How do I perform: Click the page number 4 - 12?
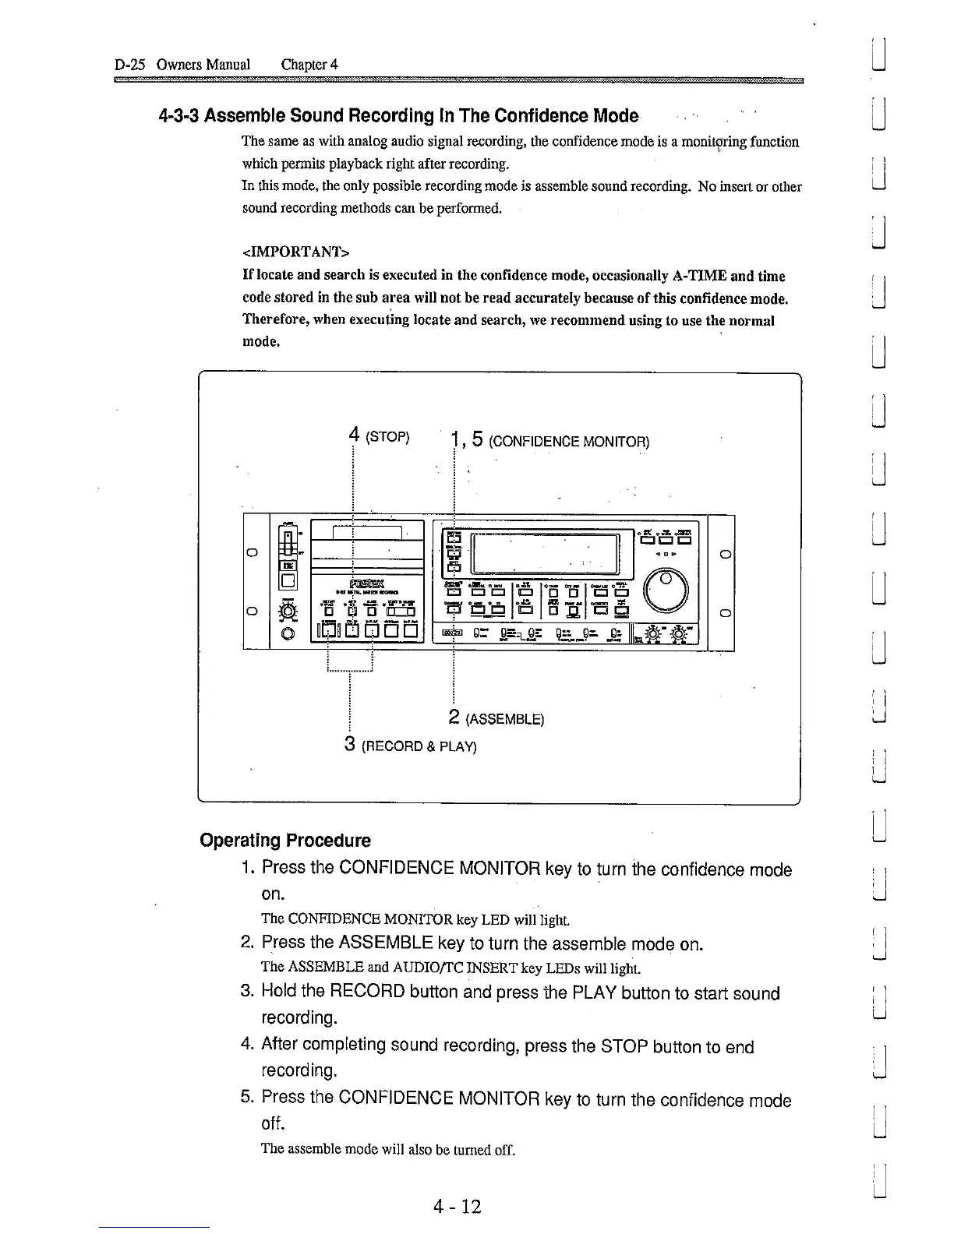tap(458, 1207)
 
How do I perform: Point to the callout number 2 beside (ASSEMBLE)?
tap(454, 717)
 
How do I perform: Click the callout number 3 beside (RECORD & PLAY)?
tap(351, 744)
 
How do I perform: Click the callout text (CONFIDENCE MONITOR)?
tap(569, 442)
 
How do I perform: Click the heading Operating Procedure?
tap(285, 841)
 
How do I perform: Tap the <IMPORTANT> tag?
tap(295, 252)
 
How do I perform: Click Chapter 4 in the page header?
tap(309, 64)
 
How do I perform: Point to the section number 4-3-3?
tap(179, 116)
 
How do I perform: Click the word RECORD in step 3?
tap(367, 992)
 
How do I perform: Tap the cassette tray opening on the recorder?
tap(366, 533)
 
